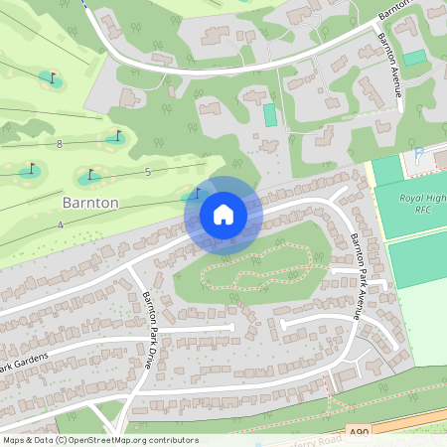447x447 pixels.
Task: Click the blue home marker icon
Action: click(x=223, y=214)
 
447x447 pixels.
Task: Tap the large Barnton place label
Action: click(x=89, y=202)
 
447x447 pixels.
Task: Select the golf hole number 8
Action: click(x=60, y=144)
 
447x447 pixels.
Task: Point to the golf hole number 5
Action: click(x=147, y=173)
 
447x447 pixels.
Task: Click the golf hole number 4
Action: click(x=60, y=225)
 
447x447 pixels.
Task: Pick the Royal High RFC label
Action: click(x=422, y=204)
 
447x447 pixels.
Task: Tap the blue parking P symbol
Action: click(x=419, y=153)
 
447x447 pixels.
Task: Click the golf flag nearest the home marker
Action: click(x=198, y=192)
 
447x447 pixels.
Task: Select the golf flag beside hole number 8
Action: click(x=117, y=135)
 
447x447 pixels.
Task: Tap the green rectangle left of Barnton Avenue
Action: click(x=270, y=114)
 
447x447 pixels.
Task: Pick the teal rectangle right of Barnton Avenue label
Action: click(x=414, y=58)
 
